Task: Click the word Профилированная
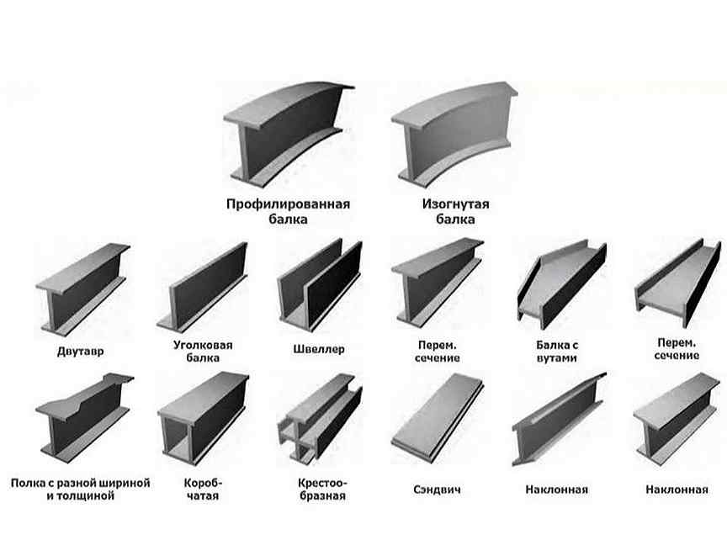[288, 204]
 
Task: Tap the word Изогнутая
[455, 204]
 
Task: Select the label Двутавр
[80, 351]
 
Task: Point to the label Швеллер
[319, 349]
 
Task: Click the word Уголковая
[203, 346]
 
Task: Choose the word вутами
[556, 357]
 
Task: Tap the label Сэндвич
[437, 489]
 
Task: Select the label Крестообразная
[322, 489]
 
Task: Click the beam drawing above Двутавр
[82, 289]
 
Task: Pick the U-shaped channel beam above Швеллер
[320, 285]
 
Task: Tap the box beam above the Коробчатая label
[203, 418]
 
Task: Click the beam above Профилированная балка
[289, 135]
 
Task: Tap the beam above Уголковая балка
[202, 287]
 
